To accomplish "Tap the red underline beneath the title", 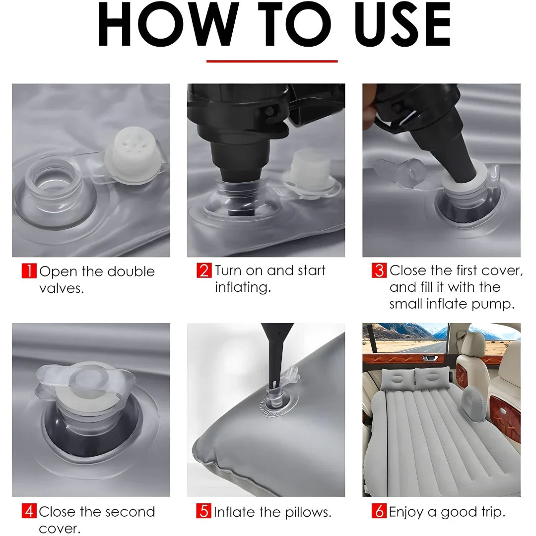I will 272,62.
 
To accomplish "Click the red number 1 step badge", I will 29,271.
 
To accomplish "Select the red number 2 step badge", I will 204,270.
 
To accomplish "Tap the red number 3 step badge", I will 379,270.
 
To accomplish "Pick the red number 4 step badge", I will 29,511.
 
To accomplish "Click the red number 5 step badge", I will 204,511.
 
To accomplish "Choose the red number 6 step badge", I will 379,511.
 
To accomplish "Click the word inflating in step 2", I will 243,287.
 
